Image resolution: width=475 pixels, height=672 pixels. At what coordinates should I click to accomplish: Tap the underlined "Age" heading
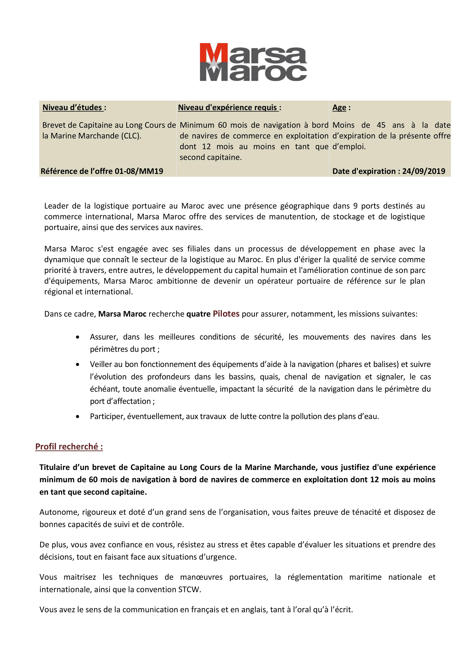(339, 108)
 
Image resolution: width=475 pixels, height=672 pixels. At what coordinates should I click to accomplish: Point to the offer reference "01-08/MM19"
(139, 171)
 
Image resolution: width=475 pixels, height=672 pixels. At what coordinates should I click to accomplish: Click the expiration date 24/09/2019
(424, 171)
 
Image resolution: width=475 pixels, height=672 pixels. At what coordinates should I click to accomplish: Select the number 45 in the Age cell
(381, 125)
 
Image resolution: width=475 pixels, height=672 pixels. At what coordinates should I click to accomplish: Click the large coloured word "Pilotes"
(226, 314)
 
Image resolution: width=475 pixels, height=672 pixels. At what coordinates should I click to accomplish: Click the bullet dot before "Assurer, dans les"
(78, 337)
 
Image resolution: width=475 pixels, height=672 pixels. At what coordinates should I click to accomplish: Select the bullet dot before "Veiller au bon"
(78, 365)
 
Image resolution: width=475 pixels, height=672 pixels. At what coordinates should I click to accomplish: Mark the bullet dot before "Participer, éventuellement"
(78, 417)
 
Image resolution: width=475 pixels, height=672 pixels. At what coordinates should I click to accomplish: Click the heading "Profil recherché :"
(69, 447)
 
